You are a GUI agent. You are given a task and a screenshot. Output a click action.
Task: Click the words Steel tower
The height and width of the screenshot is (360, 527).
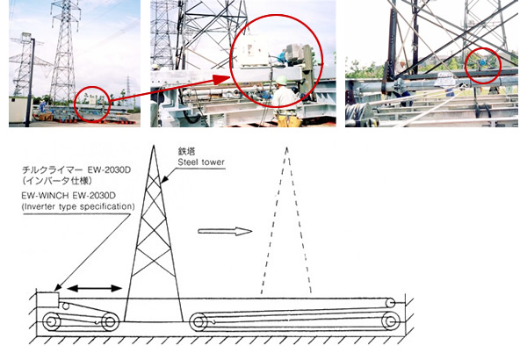201,162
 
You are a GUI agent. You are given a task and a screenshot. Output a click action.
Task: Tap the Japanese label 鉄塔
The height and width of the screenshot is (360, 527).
187,152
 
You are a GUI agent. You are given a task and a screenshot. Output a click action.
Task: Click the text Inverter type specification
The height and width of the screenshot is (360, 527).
78,206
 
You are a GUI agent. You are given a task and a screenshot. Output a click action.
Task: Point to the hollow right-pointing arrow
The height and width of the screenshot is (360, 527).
225,231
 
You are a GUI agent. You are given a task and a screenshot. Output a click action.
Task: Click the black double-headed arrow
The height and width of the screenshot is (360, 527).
95,288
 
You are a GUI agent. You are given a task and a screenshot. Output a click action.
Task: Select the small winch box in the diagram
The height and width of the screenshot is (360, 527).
47,299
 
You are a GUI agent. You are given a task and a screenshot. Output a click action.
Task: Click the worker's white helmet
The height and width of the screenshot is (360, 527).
281,80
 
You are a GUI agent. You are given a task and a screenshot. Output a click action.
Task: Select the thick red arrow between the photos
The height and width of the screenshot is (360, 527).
169,89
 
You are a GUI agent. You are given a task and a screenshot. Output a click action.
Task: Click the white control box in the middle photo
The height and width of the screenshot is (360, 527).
252,51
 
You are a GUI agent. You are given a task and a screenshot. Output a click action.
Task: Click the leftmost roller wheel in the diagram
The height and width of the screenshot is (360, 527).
52,321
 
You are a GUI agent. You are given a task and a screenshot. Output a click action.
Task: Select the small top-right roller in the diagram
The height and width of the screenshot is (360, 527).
391,303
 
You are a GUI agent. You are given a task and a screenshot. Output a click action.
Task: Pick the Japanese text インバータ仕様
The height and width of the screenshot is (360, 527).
58,181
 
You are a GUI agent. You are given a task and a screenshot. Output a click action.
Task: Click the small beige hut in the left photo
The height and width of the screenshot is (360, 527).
17,110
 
